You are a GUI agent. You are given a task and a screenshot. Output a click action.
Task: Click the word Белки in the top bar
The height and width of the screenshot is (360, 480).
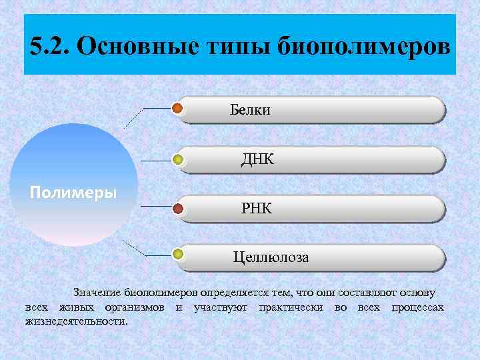[251, 109]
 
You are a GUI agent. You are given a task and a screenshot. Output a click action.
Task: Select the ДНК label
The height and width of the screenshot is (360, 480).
[257, 159]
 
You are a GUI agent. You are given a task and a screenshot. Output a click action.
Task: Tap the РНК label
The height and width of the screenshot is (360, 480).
[257, 209]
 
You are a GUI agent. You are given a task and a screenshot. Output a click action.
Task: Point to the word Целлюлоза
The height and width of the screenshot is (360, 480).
[271, 257]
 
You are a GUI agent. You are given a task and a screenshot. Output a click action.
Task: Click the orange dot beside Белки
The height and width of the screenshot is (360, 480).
[177, 108]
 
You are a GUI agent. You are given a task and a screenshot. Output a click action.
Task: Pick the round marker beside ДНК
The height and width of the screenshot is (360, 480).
[178, 159]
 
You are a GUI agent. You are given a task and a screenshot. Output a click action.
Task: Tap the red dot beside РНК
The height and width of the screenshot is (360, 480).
[178, 209]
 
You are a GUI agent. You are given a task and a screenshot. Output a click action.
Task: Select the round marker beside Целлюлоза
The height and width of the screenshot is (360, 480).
[178, 254]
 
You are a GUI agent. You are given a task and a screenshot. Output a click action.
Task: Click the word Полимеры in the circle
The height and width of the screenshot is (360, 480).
[73, 193]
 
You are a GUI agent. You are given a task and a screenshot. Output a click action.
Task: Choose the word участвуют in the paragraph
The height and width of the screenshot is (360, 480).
[220, 307]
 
